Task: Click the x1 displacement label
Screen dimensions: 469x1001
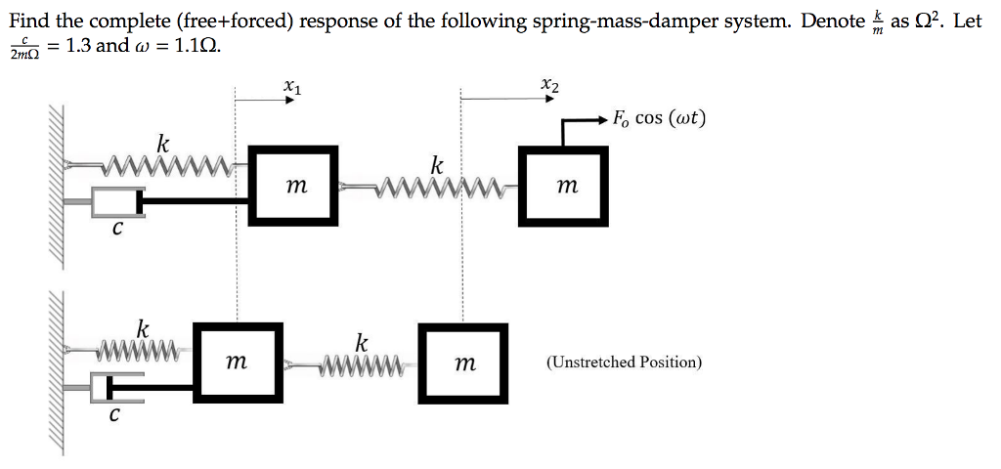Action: pyautogui.click(x=290, y=87)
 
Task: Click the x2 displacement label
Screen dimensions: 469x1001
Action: pyautogui.click(x=550, y=87)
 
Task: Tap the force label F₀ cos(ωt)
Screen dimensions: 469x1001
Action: pyautogui.click(x=658, y=119)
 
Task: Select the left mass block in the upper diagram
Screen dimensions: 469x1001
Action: pyautogui.click(x=293, y=184)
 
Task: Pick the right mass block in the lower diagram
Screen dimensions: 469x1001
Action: pyautogui.click(x=464, y=362)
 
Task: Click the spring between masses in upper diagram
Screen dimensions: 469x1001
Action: pyautogui.click(x=440, y=184)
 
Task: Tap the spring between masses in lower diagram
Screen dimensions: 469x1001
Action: pyautogui.click(x=361, y=367)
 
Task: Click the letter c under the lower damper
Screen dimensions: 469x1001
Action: pyautogui.click(x=114, y=414)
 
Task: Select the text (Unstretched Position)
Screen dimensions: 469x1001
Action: pyautogui.click(x=624, y=362)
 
